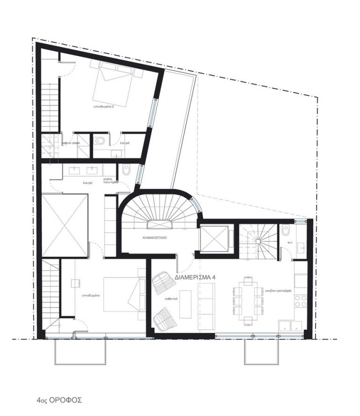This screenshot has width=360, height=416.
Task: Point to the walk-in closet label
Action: click(70, 142)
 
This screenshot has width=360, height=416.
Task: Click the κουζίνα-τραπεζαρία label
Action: click(279, 291)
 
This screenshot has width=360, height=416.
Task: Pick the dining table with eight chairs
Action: click(247, 300)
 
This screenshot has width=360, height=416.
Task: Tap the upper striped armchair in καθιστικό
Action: click(163, 283)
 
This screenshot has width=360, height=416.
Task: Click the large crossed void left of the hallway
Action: click(65, 225)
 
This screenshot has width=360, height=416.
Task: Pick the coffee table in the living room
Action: click(186, 303)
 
